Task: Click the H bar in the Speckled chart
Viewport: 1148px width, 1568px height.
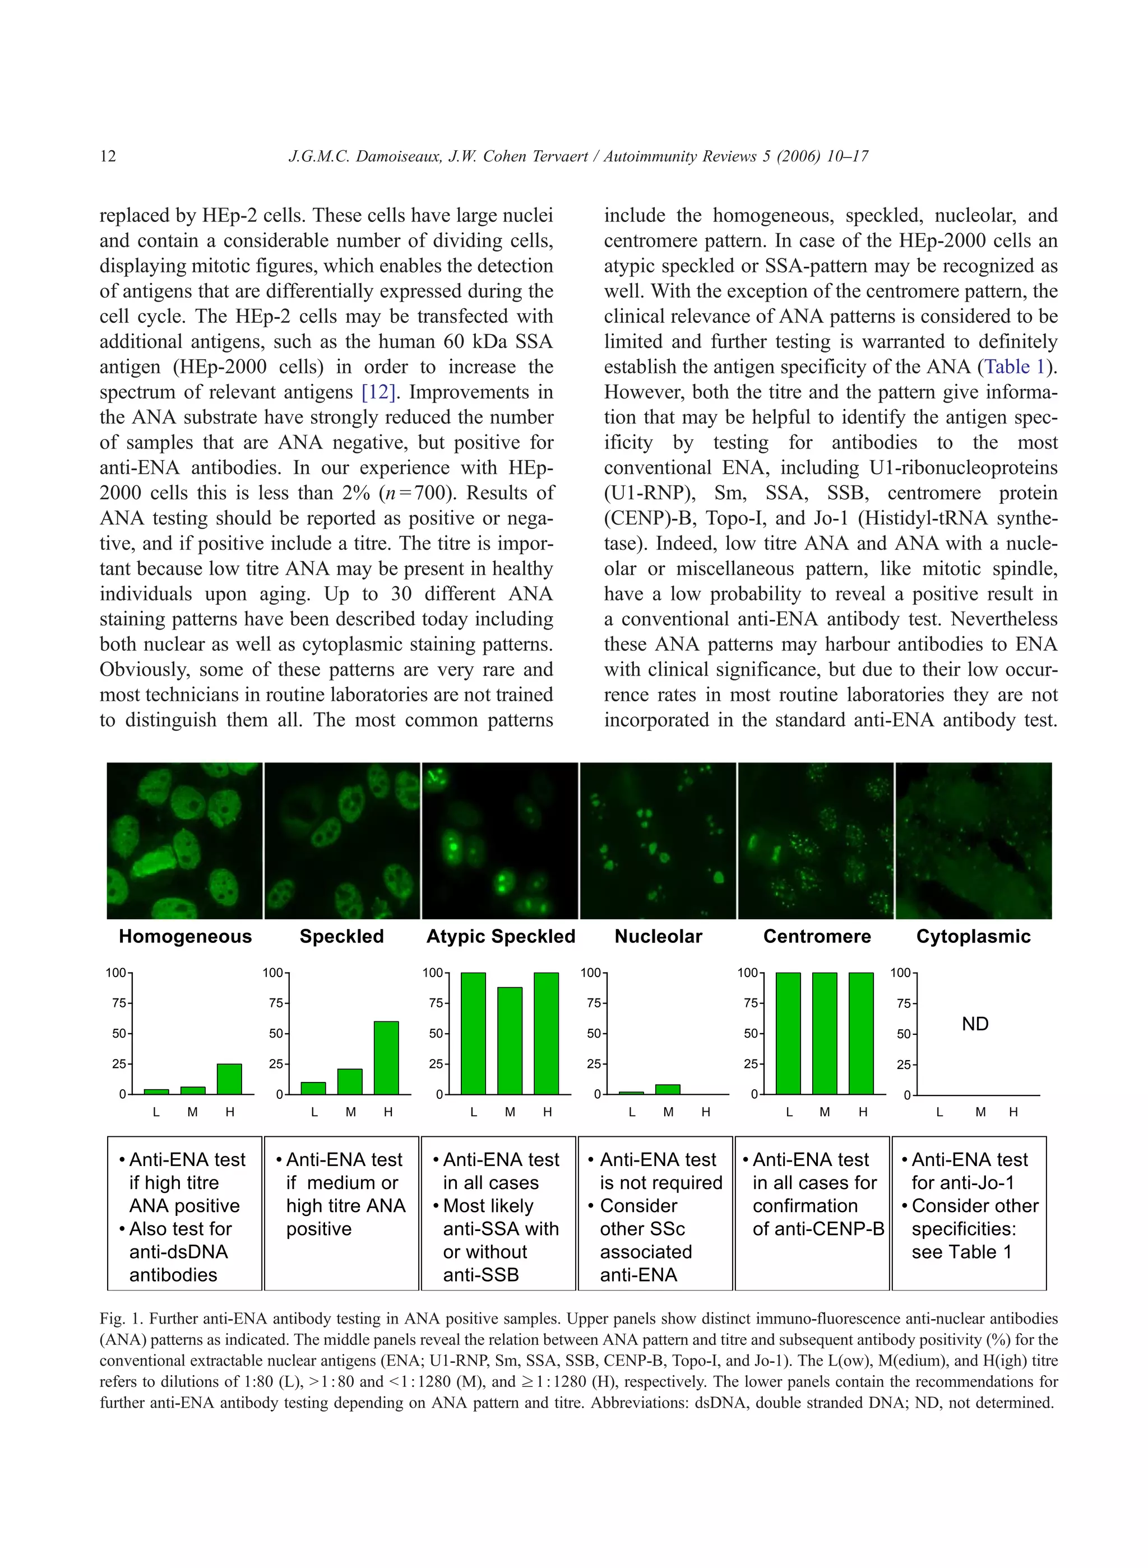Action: pyautogui.click(x=386, y=1058)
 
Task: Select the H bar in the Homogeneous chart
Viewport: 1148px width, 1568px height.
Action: pyautogui.click(x=229, y=1079)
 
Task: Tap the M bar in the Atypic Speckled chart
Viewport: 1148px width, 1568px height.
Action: pyautogui.click(x=510, y=1040)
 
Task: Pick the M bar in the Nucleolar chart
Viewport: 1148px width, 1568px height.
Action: pyautogui.click(x=668, y=1089)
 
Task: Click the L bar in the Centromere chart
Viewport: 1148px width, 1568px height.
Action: pyautogui.click(x=788, y=1034)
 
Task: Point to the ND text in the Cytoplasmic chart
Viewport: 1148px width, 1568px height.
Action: pyautogui.click(x=975, y=1024)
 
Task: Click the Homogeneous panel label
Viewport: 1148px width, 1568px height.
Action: pyautogui.click(x=185, y=936)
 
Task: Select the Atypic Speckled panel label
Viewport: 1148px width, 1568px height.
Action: pyautogui.click(x=501, y=936)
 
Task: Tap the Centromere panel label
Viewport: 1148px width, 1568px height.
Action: pyautogui.click(x=817, y=936)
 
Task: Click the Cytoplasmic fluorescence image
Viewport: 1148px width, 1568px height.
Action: pyautogui.click(x=974, y=840)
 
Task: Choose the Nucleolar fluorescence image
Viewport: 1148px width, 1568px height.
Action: pyautogui.click(x=658, y=840)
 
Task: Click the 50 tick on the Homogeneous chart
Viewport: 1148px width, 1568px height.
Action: pyautogui.click(x=119, y=1034)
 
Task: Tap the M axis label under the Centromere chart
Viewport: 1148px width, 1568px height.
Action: pyautogui.click(x=825, y=1112)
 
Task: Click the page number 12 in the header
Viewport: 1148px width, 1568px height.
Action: pyautogui.click(x=108, y=156)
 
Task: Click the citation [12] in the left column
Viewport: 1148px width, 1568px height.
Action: pyautogui.click(x=378, y=392)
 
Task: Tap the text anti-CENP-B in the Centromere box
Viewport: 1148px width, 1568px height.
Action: pyautogui.click(x=818, y=1229)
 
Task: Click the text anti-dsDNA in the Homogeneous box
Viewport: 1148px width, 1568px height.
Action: pyautogui.click(x=179, y=1252)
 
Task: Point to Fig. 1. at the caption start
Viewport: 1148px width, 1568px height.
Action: pyautogui.click(x=121, y=1319)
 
